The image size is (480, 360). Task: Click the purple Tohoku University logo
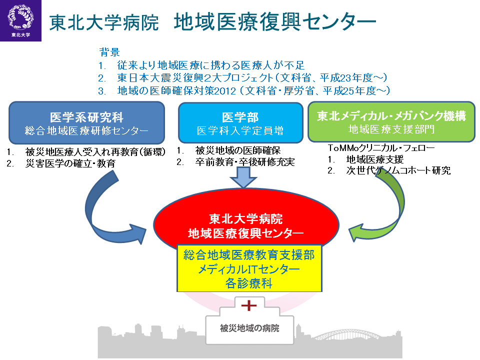[20, 20]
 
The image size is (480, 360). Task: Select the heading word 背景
[109, 52]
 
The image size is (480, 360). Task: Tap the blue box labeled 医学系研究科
[86, 123]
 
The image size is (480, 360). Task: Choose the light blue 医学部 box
[240, 123]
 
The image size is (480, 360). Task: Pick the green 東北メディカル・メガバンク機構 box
[391, 121]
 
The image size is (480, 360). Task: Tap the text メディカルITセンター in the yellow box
[249, 269]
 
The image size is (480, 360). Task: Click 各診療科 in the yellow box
[249, 282]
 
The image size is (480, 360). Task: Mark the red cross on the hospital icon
[248, 304]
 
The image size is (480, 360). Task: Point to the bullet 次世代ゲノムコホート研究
[398, 170]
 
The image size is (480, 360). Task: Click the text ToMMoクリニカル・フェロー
[381, 148]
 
